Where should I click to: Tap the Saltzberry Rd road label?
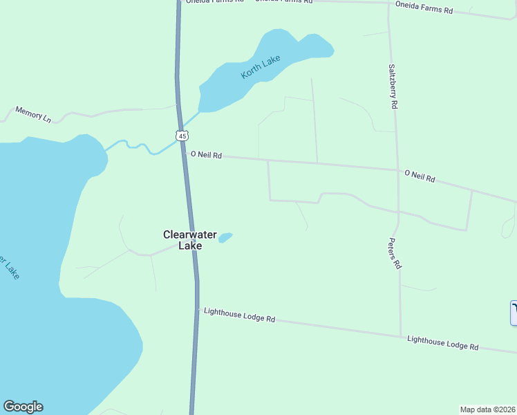click(393, 86)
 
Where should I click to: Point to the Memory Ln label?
click(33, 115)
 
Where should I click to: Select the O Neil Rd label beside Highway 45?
click(206, 155)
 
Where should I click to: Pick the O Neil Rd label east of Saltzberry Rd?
click(420, 176)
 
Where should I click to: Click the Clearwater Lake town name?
click(182, 240)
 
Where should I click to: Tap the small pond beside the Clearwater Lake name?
click(225, 237)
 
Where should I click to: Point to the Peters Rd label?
click(394, 254)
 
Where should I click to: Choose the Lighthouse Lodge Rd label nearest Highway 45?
click(240, 315)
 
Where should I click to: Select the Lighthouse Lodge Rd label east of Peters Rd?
click(442, 342)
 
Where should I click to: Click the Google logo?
click(23, 407)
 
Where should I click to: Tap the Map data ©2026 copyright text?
click(487, 409)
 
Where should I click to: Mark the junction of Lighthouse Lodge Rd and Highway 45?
click(197, 309)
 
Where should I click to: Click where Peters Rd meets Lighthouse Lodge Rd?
click(400, 336)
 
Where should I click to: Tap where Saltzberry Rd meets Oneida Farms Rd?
click(388, 3)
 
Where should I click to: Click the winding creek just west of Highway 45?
click(138, 146)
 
